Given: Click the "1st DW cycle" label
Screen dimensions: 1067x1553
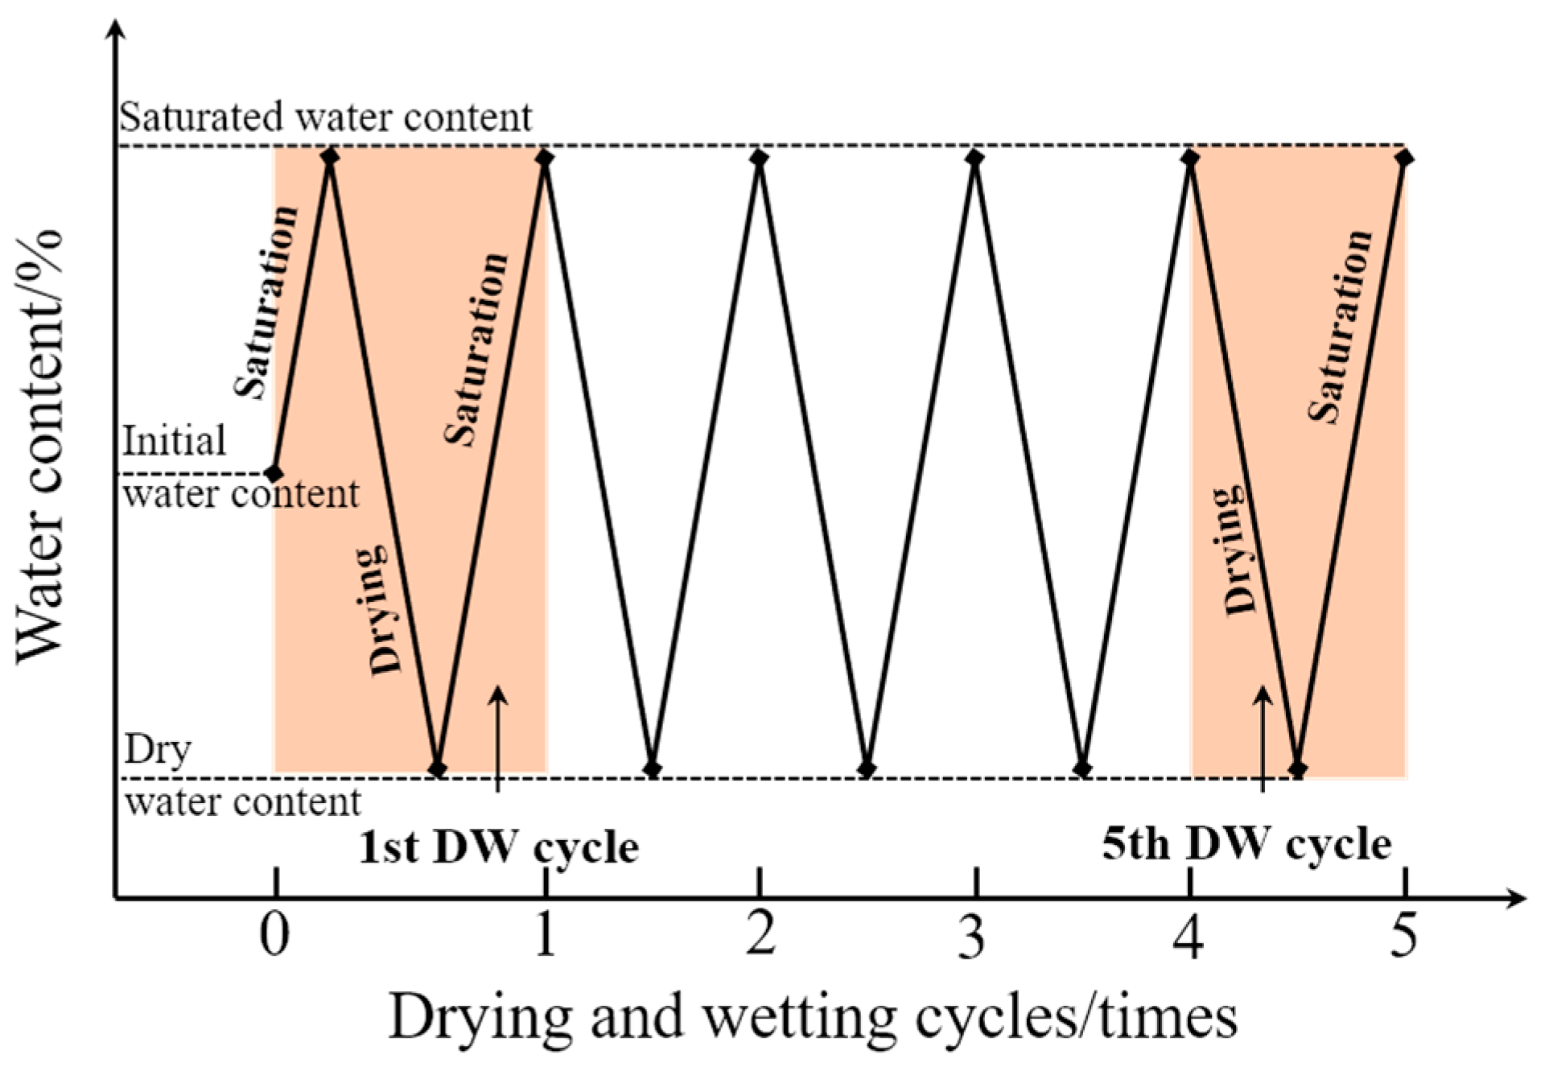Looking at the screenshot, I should [498, 847].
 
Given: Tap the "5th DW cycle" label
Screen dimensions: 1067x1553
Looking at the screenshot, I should [1246, 845].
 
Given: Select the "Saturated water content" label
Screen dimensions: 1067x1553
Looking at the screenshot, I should [326, 117].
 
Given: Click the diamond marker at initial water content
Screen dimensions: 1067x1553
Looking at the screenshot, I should [275, 473].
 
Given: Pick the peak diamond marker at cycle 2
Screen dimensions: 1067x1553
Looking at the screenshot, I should [759, 157].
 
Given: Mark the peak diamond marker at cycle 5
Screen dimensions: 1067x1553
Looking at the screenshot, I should [1405, 158].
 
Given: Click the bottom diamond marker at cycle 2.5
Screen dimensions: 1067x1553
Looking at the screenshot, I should [867, 768].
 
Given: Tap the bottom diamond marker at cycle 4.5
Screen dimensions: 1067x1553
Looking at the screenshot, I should [1298, 768].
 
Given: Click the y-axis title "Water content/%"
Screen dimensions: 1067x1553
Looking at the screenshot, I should [40, 447].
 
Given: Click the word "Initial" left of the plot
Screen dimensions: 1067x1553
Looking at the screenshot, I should [174, 441].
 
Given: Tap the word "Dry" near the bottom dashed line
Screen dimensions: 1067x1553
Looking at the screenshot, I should [158, 750].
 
